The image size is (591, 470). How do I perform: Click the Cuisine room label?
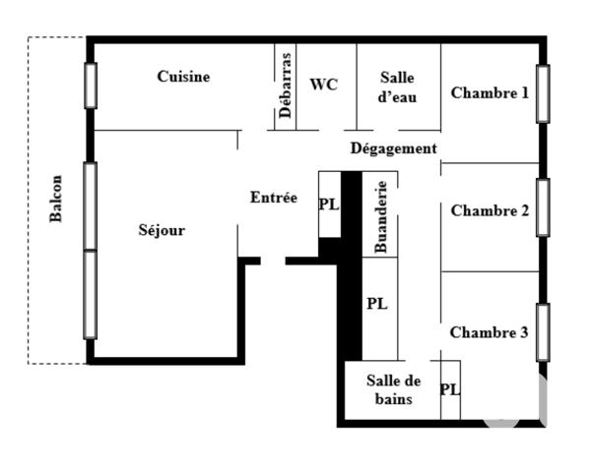pos(183,77)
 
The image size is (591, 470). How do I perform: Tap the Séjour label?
pos(162,231)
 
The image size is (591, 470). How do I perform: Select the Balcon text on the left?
pos(57,198)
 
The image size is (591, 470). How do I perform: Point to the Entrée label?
pos(273,198)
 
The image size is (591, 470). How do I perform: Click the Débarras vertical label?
pos(285,87)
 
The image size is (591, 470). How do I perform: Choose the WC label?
pos(323,85)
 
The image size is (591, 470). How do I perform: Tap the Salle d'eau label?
pos(398,88)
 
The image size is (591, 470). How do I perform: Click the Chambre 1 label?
pos(490,93)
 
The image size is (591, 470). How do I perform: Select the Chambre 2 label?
pos(490,210)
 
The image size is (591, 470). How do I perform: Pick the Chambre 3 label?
pos(489,332)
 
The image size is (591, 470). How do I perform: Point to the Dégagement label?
pos(393,148)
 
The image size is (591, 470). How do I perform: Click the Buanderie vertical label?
pos(381,216)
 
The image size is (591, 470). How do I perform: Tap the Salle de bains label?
pos(394,390)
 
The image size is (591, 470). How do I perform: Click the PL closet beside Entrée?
pos(329,205)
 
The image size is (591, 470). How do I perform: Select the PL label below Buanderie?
pos(376,304)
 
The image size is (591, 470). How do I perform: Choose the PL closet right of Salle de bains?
pos(449,389)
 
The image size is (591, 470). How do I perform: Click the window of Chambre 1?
pos(542,93)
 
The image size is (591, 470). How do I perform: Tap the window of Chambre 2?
pos(542,207)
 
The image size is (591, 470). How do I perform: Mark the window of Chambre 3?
pos(542,332)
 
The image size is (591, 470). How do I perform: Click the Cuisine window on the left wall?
pos(91,86)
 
